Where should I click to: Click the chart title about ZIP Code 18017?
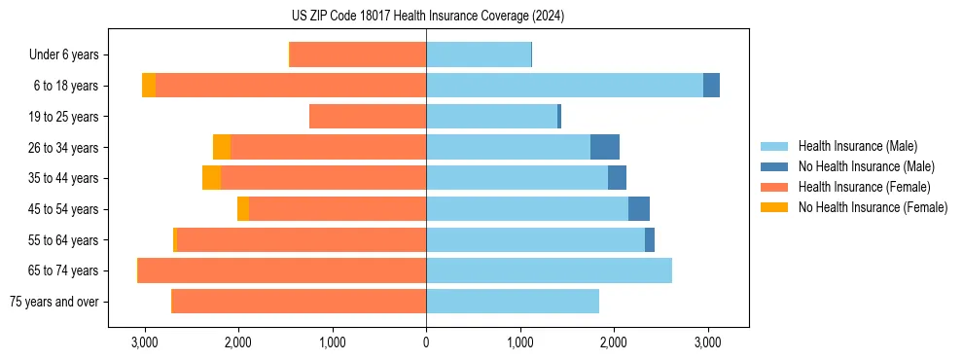426,17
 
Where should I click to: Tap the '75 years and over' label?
53,302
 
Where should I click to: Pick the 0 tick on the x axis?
426,343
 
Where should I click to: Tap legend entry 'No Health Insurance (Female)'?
873,207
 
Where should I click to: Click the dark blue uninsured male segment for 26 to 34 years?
605,147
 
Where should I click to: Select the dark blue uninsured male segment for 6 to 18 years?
711,86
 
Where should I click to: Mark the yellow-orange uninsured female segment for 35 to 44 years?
211,178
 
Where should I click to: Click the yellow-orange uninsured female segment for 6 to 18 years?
149,86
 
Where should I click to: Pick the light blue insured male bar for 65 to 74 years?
549,270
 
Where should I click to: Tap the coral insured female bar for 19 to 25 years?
368,117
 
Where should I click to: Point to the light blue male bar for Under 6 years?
479,54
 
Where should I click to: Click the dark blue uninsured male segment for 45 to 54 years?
639,209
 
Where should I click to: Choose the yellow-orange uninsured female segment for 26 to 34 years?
222,147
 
